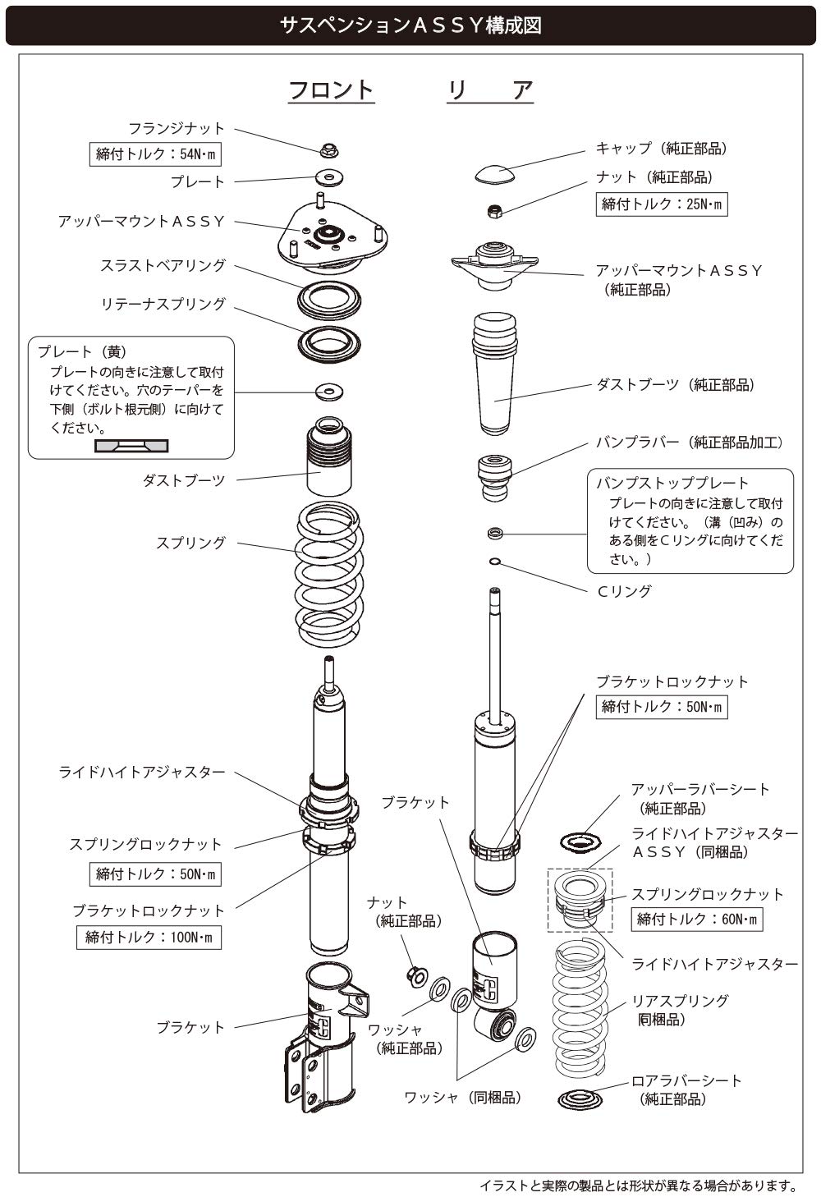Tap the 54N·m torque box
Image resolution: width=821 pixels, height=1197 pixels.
tap(155, 154)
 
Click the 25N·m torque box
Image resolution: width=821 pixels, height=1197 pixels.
tap(661, 204)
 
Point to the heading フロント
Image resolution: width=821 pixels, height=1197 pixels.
tap(331, 89)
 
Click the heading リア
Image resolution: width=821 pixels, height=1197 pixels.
tap(490, 89)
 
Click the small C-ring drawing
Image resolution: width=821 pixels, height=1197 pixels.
tap(494, 562)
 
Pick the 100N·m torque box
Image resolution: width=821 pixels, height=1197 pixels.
tap(149, 937)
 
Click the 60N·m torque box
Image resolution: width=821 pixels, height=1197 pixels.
tap(696, 919)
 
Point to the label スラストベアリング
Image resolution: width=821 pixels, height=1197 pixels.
tap(163, 266)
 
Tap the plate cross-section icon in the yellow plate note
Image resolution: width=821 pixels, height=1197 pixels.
tap(131, 446)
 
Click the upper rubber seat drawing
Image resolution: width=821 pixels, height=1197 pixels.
tap(581, 842)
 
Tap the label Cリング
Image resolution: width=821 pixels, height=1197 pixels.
tap(624, 591)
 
